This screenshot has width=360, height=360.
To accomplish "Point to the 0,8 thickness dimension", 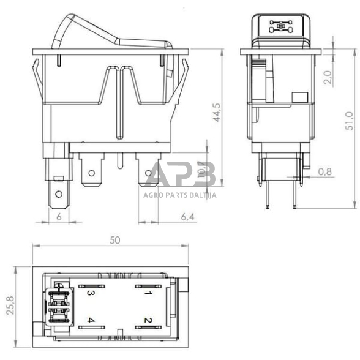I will (x=327, y=172).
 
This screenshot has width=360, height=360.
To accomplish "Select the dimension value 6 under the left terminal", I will (x=59, y=217).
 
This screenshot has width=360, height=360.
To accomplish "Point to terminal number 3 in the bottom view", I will (x=90, y=293).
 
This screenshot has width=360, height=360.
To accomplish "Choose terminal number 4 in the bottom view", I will (x=90, y=320).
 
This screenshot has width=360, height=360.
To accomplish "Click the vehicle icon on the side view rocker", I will (x=282, y=26).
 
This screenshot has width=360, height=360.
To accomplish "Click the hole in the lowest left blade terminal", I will (x=59, y=196).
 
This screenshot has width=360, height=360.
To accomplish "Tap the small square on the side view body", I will (x=299, y=97).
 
